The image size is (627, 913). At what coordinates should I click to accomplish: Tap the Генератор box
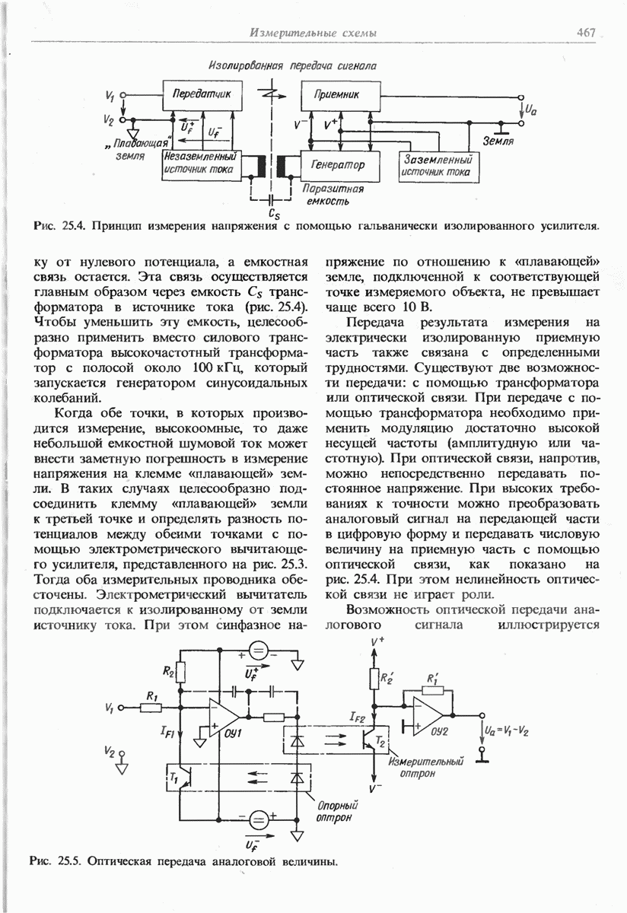coord(338,164)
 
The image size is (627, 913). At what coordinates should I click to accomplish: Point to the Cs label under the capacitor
coord(274,214)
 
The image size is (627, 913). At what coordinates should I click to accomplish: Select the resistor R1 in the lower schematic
coord(151,707)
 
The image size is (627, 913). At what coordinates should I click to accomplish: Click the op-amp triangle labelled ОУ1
coord(225,718)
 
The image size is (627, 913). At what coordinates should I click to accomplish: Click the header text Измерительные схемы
coord(313,32)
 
